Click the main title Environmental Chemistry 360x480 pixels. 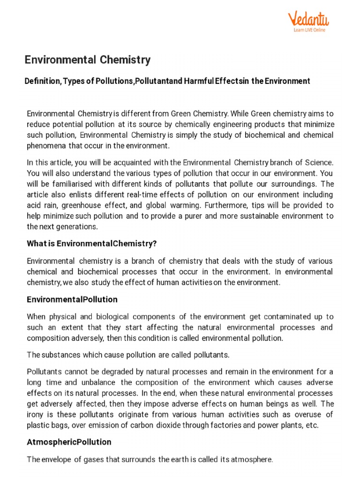pyautogui.click(x=88, y=60)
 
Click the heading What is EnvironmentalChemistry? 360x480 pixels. pyautogui.click(x=91, y=244)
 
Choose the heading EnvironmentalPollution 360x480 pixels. pyautogui.click(x=72, y=299)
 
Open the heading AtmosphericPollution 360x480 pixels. pyautogui.click(x=69, y=442)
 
